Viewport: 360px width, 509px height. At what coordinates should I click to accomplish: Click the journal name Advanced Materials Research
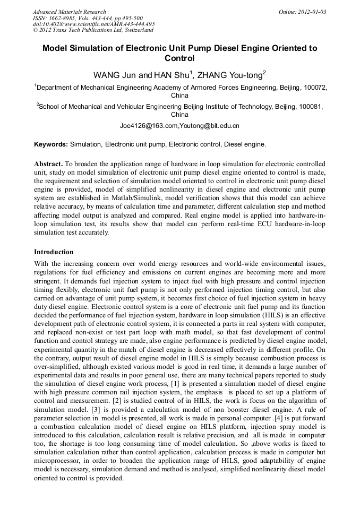click(70, 12)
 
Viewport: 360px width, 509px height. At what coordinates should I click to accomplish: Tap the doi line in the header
click(94, 24)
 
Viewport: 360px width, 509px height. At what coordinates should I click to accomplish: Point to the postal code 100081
click(309, 106)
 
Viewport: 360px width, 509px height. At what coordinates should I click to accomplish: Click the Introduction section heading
click(54, 252)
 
